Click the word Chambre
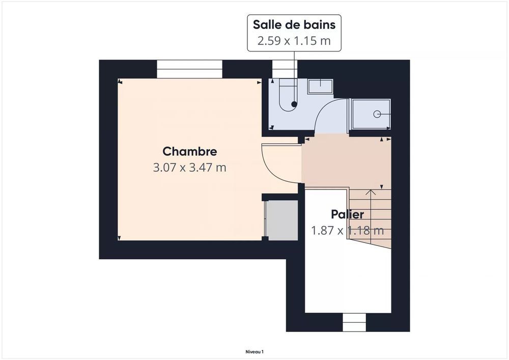[189, 151]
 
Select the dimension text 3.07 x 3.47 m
[189, 167]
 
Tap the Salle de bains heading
[294, 24]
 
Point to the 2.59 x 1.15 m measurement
[294, 41]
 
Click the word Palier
[347, 214]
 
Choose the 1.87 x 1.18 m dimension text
[347, 231]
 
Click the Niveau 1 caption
[254, 351]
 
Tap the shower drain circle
[377, 114]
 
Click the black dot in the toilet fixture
[294, 104]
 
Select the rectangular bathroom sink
[320, 86]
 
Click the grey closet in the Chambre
[282, 219]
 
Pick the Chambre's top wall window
[190, 69]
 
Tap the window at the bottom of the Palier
[354, 322]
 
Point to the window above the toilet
[284, 69]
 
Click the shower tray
[371, 115]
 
